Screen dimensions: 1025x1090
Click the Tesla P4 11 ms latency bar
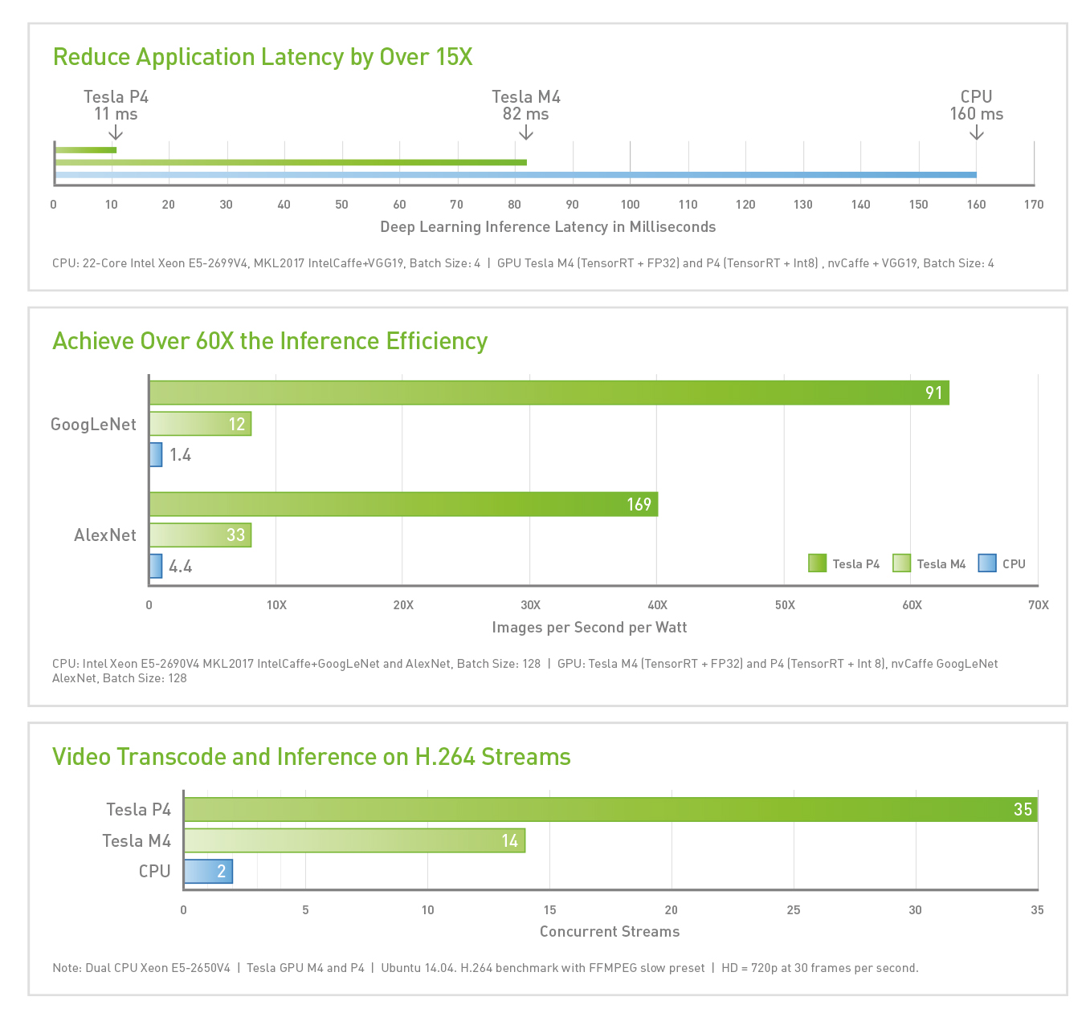pos(86,150)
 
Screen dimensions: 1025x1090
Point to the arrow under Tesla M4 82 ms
pos(526,132)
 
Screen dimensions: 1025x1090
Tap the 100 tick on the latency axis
pos(630,205)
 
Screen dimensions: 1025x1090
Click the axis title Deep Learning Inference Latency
pos(548,227)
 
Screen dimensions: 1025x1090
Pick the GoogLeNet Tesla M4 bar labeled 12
pos(200,424)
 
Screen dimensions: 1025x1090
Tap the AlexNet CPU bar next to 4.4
pos(156,566)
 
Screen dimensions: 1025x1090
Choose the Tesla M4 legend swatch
pos(901,563)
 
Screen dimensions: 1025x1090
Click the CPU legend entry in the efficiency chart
pos(1002,563)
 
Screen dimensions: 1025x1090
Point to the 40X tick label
pos(657,605)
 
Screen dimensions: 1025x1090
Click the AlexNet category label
pos(105,535)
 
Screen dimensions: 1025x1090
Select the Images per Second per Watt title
pos(590,628)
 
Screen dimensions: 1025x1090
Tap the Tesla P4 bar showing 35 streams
pos(610,809)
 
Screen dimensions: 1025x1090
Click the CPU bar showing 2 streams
pos(208,872)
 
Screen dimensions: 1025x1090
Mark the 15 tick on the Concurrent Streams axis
pos(549,910)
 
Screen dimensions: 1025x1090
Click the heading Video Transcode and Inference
pos(312,757)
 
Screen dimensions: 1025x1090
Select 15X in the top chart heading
pos(454,58)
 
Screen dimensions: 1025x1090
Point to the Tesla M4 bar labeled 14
pos(354,840)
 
